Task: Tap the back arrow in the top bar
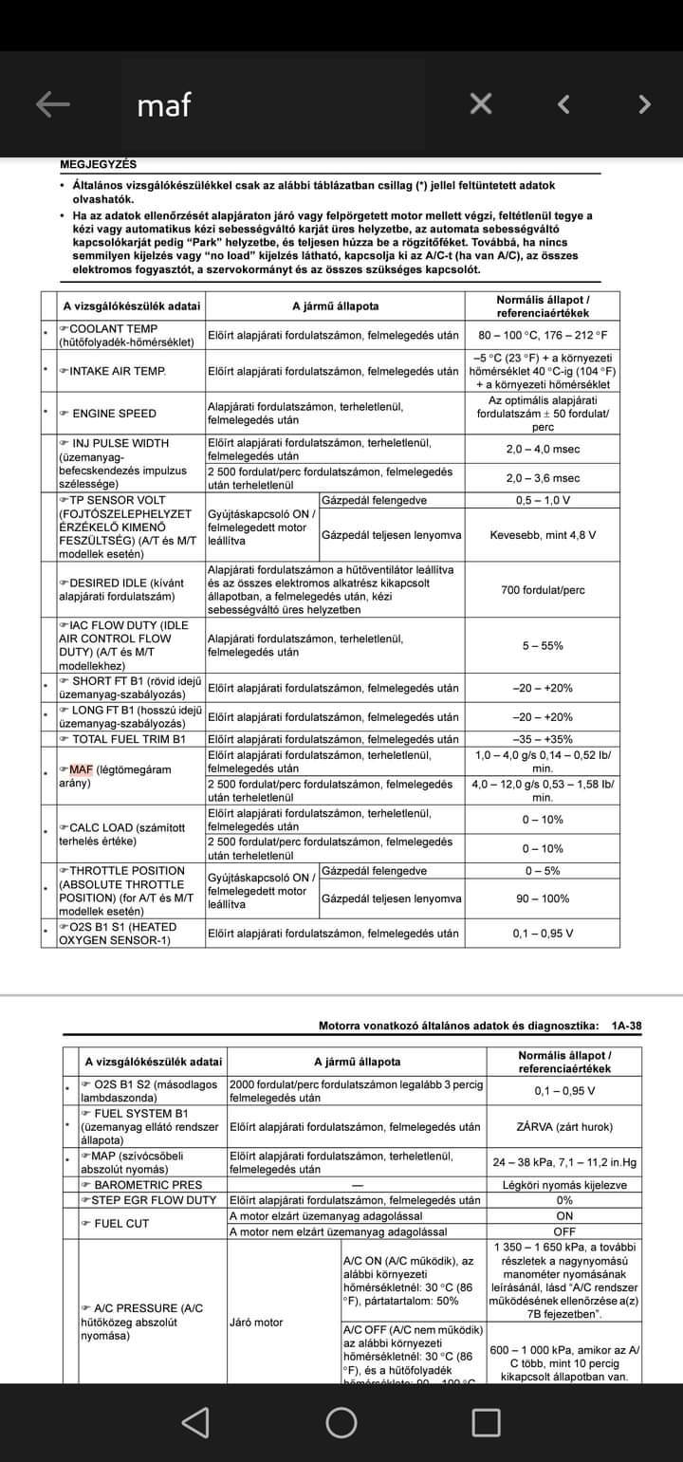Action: pyautogui.click(x=53, y=104)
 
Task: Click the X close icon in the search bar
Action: pyautogui.click(x=481, y=104)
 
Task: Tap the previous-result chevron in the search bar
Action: pyautogui.click(x=563, y=104)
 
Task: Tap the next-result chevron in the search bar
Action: pyautogui.click(x=645, y=104)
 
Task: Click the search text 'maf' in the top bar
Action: pyautogui.click(x=164, y=105)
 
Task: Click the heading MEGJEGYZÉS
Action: pyautogui.click(x=99, y=164)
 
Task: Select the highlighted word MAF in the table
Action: pyautogui.click(x=81, y=769)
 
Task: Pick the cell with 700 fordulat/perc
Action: pyautogui.click(x=543, y=590)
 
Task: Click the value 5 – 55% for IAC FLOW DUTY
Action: pyautogui.click(x=543, y=646)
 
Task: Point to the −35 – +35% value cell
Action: pyautogui.click(x=543, y=739)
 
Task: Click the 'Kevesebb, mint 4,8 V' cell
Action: pyautogui.click(x=543, y=535)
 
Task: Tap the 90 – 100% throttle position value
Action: pyautogui.click(x=543, y=898)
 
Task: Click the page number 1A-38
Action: pyautogui.click(x=626, y=1026)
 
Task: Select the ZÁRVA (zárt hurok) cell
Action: pyautogui.click(x=564, y=1127)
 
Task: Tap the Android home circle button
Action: pyautogui.click(x=341, y=1421)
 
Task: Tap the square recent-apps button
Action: pyautogui.click(x=487, y=1421)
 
